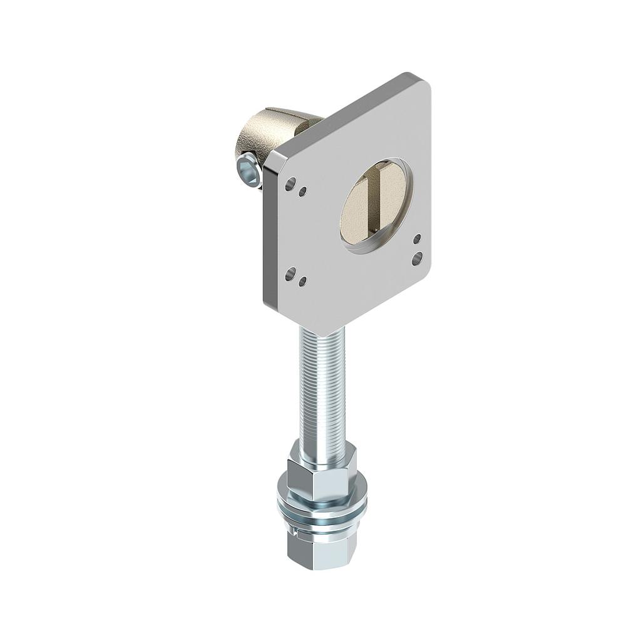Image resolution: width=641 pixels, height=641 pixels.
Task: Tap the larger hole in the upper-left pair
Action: [290, 184]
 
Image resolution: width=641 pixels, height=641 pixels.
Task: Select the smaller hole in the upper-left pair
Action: [303, 192]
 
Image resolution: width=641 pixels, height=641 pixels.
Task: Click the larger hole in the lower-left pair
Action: [290, 274]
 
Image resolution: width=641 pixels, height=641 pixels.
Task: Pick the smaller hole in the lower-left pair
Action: [302, 282]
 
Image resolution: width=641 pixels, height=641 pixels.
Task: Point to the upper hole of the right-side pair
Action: [417, 239]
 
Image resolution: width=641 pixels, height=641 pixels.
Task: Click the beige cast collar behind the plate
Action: [263, 135]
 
